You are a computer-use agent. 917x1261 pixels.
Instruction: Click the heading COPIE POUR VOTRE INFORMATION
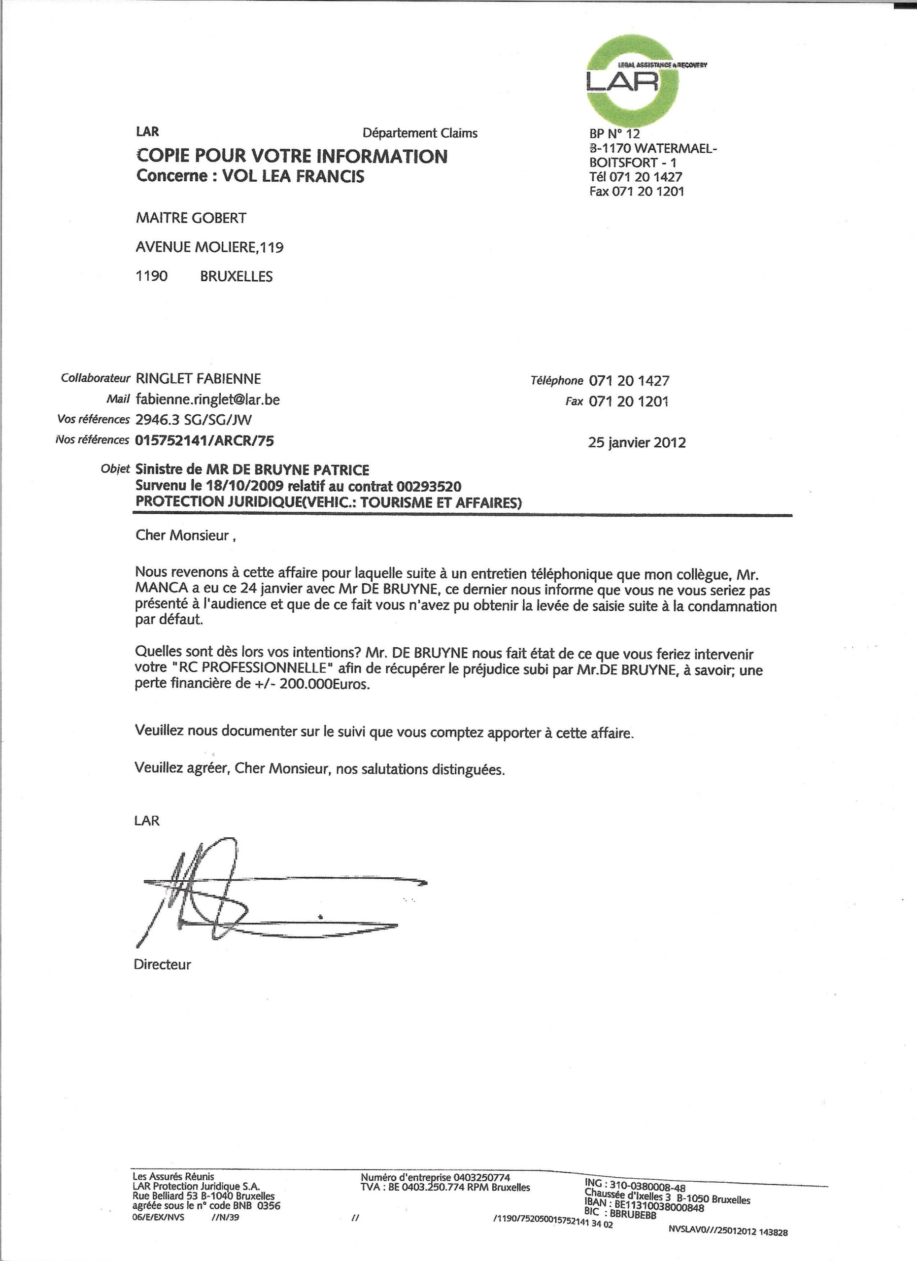[291, 156]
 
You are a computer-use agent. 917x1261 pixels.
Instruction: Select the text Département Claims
[420, 133]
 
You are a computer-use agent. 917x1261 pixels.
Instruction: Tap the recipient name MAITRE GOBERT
[191, 218]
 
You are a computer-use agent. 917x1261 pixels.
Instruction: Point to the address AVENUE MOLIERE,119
[209, 247]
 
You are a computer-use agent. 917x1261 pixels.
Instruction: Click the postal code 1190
[152, 276]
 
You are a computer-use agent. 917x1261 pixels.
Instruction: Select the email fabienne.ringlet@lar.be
[207, 399]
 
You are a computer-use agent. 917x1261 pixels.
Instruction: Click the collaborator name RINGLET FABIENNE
[198, 379]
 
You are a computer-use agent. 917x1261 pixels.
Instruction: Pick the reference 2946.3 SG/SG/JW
[197, 420]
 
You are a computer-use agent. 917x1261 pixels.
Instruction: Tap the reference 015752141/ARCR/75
[204, 441]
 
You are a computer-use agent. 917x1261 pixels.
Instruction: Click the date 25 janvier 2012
[637, 443]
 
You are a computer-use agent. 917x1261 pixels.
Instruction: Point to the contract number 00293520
[429, 487]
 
